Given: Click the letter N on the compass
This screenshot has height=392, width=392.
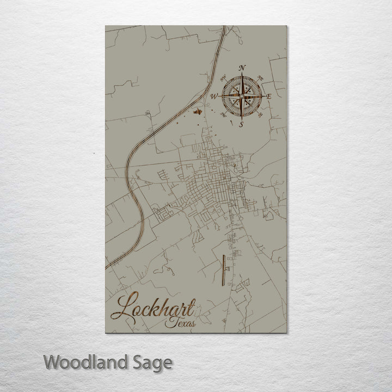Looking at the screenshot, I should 242,68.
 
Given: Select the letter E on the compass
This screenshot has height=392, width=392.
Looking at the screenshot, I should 269,96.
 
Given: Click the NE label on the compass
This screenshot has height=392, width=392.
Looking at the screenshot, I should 260,77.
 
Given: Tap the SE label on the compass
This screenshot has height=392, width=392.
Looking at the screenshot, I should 261,115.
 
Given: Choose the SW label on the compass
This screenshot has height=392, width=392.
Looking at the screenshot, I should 224,115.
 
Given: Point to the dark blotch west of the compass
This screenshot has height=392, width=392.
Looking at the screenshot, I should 198,112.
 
